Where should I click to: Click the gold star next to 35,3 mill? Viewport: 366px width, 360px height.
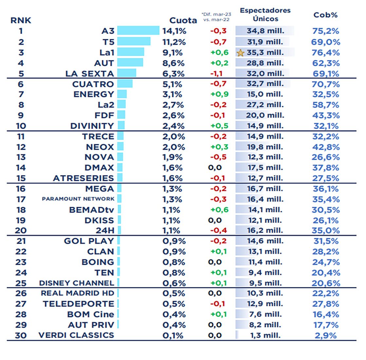point(241,53)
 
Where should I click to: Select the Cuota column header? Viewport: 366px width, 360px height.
point(183,20)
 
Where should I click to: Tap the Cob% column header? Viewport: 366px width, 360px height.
point(325,15)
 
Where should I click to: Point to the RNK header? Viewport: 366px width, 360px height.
point(21,20)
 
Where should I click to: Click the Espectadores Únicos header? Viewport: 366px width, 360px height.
point(265,15)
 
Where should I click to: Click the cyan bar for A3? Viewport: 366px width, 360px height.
point(138,31)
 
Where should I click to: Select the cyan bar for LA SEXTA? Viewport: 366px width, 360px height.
point(127,73)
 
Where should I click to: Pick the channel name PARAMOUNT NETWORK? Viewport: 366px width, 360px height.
point(78,199)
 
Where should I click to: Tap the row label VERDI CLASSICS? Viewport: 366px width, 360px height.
point(76,335)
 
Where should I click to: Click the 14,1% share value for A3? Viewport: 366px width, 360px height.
point(174,31)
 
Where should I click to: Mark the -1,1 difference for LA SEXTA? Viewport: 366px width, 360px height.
point(216,73)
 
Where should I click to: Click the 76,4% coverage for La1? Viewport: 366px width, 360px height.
point(326,53)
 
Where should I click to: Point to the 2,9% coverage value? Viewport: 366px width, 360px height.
point(326,335)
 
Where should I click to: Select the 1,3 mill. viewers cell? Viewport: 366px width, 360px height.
point(265,335)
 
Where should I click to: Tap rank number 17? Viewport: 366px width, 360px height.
point(21,199)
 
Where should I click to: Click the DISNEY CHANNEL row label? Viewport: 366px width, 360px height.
point(76,283)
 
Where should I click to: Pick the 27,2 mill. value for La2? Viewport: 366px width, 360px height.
point(265,105)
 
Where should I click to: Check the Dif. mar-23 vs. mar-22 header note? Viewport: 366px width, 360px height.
point(216,17)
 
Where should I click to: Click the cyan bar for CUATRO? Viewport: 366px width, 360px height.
point(125,84)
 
